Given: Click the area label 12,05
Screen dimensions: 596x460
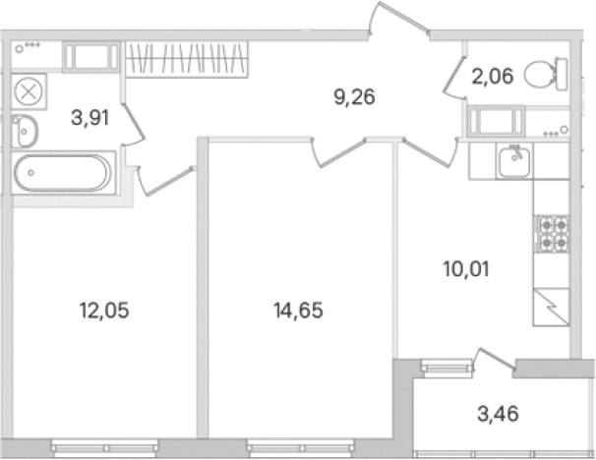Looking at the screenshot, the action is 104,311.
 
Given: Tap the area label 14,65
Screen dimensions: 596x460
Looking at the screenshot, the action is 298,310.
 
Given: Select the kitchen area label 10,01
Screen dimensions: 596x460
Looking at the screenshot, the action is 466,269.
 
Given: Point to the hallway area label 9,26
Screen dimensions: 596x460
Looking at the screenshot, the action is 354,97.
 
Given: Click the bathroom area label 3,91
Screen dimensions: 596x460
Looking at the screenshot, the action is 90,117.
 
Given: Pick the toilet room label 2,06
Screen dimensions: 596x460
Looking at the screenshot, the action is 493,77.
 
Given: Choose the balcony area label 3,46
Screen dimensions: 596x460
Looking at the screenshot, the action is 498,414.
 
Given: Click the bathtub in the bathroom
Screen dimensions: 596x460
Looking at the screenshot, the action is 63,173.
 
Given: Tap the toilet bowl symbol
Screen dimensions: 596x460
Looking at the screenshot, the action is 546,74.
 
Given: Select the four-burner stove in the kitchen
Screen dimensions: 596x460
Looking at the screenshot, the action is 552,233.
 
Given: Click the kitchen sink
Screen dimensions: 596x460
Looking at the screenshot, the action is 514,162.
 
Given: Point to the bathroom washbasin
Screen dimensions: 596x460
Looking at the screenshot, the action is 24,131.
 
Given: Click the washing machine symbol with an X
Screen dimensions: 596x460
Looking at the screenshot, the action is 29,92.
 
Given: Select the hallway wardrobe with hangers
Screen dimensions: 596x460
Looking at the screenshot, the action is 187,59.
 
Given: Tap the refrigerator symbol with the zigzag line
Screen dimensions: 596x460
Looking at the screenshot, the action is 551,307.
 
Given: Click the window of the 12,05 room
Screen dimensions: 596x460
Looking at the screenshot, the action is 105,448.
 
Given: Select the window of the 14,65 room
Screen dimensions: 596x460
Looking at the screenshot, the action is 300,448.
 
